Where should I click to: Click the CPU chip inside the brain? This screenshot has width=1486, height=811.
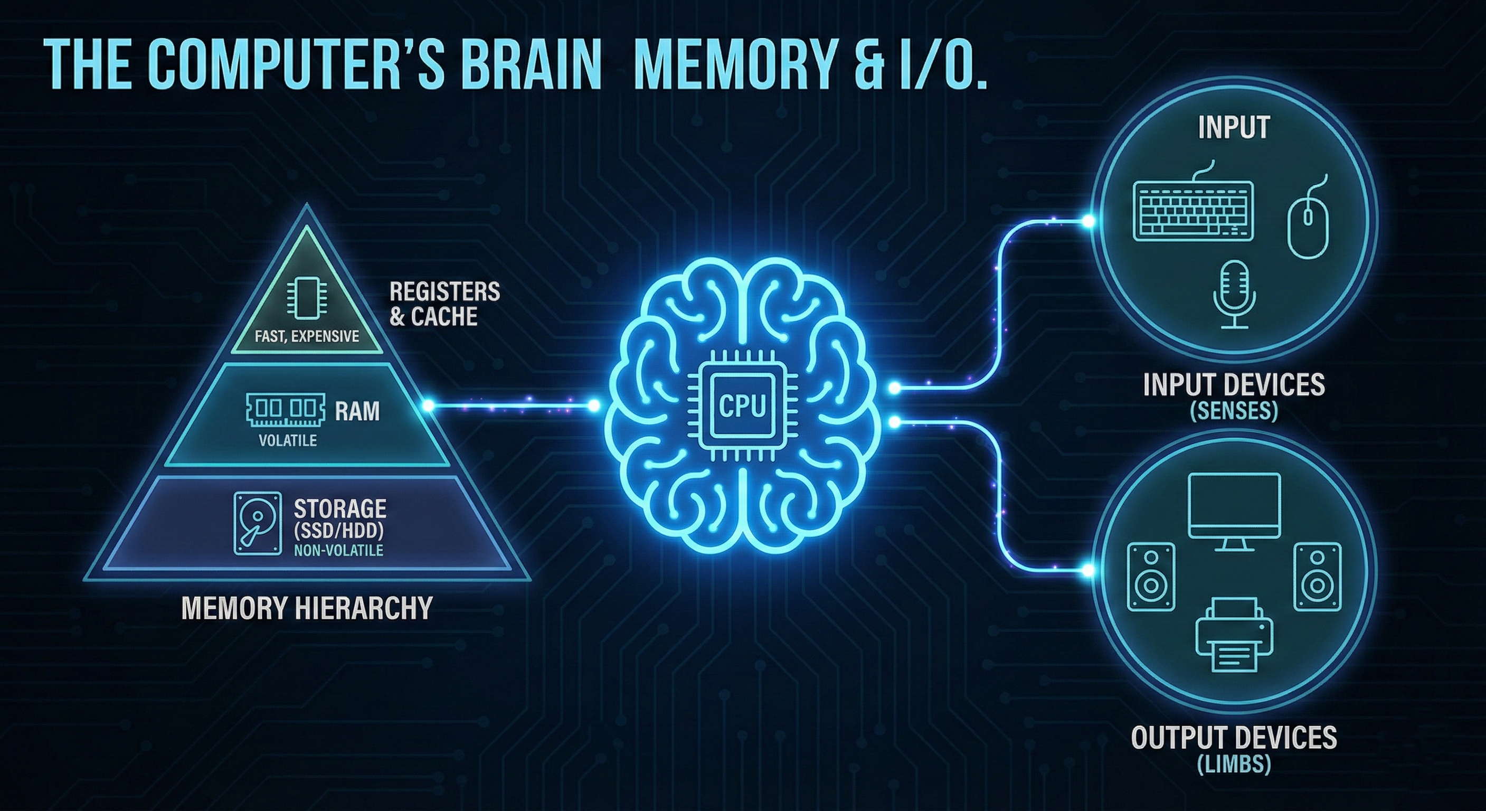coord(742,405)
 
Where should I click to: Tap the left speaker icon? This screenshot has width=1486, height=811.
coord(1150,577)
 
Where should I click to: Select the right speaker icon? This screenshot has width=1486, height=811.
coord(1318,577)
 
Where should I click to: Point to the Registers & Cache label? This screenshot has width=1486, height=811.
coord(444,304)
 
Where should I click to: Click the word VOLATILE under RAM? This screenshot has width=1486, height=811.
coord(288,441)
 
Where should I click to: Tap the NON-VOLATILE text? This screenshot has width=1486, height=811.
coord(338,550)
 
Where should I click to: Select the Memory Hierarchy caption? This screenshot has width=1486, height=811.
coord(306,608)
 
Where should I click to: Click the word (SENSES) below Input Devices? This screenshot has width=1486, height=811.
coord(1234,410)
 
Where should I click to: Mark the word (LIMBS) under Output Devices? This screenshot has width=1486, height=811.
coord(1234,765)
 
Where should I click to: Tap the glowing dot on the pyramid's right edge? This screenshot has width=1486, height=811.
coord(428,406)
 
